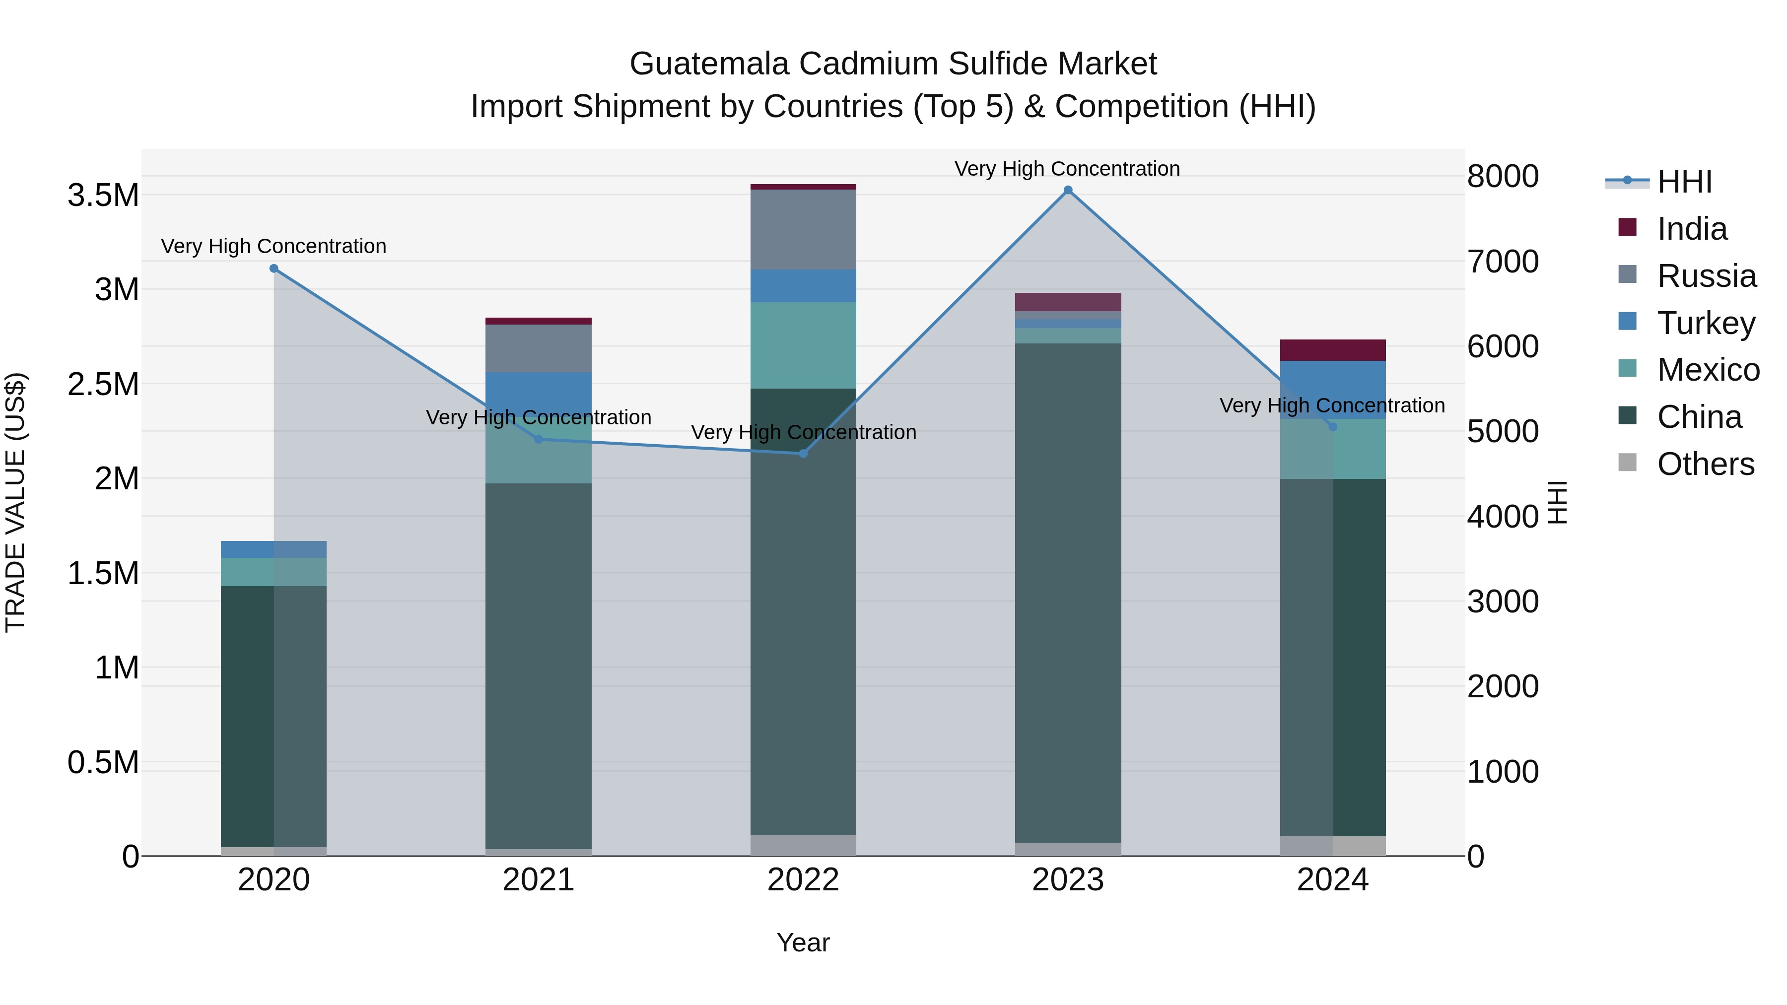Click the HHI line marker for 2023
click(x=1068, y=190)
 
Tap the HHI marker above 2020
click(x=274, y=268)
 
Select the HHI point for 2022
click(x=803, y=454)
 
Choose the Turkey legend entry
click(x=1706, y=323)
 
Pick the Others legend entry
click(x=1705, y=464)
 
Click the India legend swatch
click(x=1627, y=227)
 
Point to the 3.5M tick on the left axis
click(x=103, y=196)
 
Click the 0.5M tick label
click(x=103, y=762)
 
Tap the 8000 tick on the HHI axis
click(x=1503, y=176)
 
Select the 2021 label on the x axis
click(x=538, y=880)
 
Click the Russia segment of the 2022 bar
click(x=803, y=229)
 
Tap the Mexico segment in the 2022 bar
click(x=803, y=345)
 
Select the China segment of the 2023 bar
click(x=1068, y=590)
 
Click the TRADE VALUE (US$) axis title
click(x=16, y=502)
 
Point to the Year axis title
click(x=803, y=942)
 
